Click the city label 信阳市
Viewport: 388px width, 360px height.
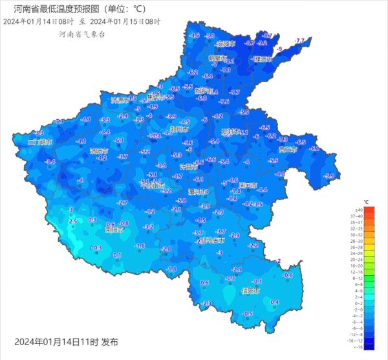[x=250, y=291]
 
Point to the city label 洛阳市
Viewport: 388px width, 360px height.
[x=99, y=150]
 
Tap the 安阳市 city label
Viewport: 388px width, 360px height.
[x=225, y=44]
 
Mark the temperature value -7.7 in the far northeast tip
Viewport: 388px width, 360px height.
[x=299, y=41]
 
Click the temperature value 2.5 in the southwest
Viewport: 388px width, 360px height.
[x=72, y=221]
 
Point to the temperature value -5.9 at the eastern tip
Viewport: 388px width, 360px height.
[x=329, y=175]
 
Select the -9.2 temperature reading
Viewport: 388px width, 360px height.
[x=262, y=43]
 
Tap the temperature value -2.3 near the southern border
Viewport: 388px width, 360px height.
[x=207, y=303]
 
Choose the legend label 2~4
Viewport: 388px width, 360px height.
[x=355, y=296]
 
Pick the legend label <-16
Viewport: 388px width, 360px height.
[x=355, y=346]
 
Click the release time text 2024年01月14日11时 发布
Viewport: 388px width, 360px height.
[x=66, y=341]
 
